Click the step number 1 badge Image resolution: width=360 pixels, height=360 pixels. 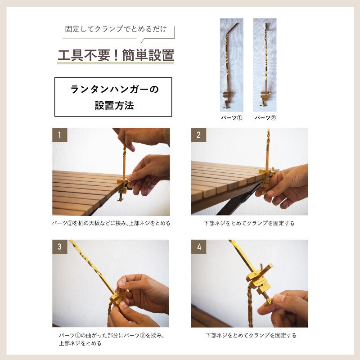click(60, 135)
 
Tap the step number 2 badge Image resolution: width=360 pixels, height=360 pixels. click(198, 135)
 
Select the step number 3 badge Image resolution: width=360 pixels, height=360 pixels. click(60, 247)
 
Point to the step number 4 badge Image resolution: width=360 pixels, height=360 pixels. click(199, 247)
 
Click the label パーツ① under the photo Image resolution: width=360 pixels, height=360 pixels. click(231, 118)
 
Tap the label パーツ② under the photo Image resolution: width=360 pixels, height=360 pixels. click(265, 118)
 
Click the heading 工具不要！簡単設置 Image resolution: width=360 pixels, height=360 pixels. click(116, 55)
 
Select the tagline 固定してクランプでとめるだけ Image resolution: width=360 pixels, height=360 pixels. click(116, 29)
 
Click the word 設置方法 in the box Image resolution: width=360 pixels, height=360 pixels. click(114, 105)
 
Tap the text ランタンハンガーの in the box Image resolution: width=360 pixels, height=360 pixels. click(114, 89)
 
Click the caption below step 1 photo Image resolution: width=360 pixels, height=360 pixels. click(111, 223)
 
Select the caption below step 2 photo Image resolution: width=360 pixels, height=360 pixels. click(249, 223)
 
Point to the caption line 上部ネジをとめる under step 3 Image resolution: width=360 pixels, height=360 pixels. click(80, 343)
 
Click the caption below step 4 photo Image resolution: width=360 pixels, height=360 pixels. click(251, 335)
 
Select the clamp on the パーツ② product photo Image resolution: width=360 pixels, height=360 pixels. click(265, 99)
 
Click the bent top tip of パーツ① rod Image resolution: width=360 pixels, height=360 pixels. click(238, 23)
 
